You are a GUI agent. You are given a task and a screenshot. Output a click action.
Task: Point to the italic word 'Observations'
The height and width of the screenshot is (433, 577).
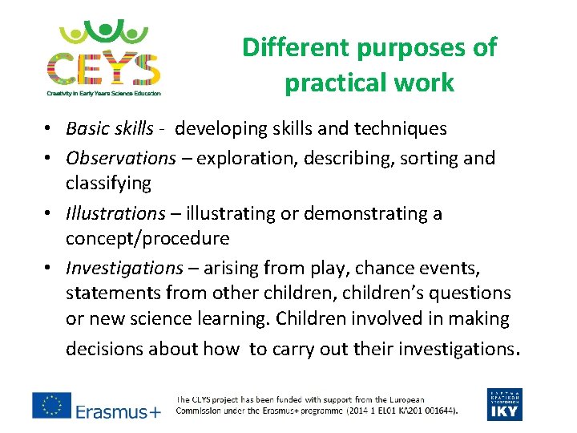coord(120,158)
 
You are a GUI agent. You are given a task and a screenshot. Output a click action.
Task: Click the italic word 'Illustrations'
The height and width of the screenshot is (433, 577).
coord(115,213)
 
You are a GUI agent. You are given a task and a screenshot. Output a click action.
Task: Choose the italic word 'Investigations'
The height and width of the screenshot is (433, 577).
coord(124,268)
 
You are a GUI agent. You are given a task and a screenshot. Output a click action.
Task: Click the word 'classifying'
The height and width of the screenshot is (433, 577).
coord(108,183)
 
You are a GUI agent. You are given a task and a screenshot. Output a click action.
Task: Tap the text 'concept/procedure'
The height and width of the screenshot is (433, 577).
coord(147,238)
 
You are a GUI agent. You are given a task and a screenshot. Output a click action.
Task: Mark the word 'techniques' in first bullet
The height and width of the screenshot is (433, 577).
coord(403,128)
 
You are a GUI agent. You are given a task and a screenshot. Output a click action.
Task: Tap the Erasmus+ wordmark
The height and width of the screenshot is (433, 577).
coord(119,411)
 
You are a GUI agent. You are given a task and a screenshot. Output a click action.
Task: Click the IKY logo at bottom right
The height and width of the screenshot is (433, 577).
coord(504,404)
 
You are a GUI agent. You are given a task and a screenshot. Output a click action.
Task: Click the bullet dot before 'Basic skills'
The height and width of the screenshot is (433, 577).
coord(50,129)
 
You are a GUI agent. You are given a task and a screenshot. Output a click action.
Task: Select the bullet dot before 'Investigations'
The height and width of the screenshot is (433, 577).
coord(50,269)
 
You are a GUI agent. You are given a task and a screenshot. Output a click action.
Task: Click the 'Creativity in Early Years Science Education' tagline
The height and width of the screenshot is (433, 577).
coord(103,93)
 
